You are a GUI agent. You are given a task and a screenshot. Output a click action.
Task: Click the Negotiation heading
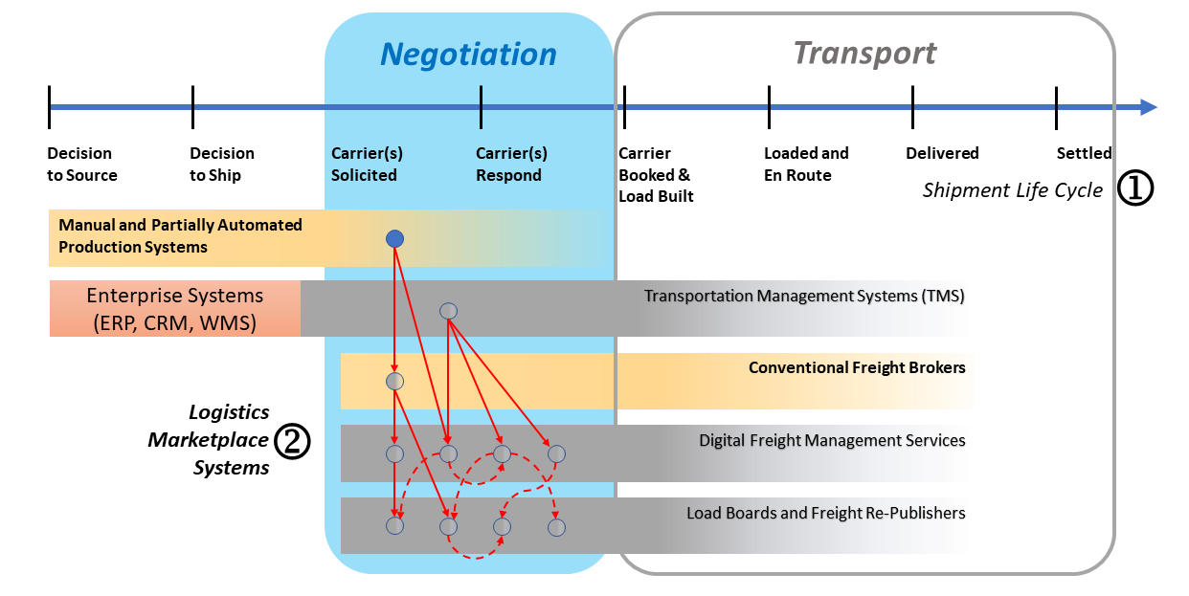pyautogui.click(x=468, y=55)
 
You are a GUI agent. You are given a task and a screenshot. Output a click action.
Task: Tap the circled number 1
pyautogui.click(x=1135, y=188)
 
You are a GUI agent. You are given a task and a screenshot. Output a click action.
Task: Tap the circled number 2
pyautogui.click(x=292, y=441)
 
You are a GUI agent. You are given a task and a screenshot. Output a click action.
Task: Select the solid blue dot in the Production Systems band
pyautogui.click(x=395, y=238)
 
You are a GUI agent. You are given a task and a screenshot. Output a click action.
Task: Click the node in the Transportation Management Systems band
pyautogui.click(x=449, y=311)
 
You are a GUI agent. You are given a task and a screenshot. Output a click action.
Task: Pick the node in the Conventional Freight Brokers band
pyautogui.click(x=395, y=382)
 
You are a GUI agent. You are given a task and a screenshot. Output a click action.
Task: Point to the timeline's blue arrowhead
pyautogui.click(x=1148, y=107)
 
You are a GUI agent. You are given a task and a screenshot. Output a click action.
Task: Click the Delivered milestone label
pyautogui.click(x=942, y=153)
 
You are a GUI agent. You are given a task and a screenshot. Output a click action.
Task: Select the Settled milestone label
pyautogui.click(x=1084, y=153)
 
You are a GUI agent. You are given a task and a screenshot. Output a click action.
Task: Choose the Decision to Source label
pyautogui.click(x=82, y=165)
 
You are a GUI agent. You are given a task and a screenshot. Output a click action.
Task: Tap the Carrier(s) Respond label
pyautogui.click(x=512, y=165)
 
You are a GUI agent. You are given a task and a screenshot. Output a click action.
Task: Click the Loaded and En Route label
pyautogui.click(x=806, y=165)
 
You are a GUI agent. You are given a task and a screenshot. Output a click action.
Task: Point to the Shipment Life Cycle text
pyautogui.click(x=1012, y=189)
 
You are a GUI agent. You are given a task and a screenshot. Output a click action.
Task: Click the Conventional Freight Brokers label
pyautogui.click(x=857, y=367)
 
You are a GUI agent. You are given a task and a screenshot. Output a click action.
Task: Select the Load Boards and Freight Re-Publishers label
pyautogui.click(x=826, y=514)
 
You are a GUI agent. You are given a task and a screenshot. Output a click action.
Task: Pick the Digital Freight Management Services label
pyautogui.click(x=832, y=441)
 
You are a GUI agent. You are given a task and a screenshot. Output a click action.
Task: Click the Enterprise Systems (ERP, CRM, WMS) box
pyautogui.click(x=175, y=309)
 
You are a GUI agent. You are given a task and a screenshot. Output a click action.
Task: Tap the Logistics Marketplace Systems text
pyautogui.click(x=209, y=439)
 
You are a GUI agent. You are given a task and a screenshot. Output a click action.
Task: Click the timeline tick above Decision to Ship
pyautogui.click(x=192, y=107)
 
